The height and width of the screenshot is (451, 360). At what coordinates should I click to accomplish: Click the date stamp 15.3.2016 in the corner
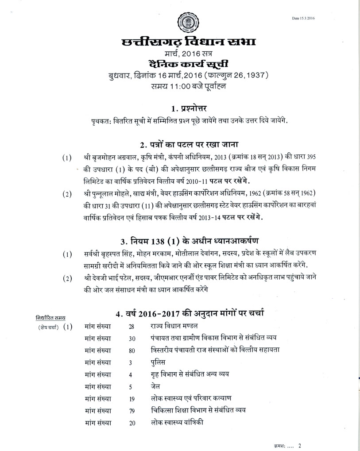click(306, 18)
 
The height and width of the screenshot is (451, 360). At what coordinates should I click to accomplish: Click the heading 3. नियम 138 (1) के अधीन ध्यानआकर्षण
click(190, 241)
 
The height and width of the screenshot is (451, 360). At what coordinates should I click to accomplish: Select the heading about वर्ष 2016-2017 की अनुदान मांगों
click(190, 314)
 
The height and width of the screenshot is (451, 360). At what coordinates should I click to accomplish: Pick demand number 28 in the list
click(132, 327)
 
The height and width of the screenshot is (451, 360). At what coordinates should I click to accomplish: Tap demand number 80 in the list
click(132, 350)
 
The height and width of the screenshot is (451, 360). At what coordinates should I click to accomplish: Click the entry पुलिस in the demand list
click(159, 362)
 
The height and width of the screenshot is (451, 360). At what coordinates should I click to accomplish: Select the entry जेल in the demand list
click(156, 386)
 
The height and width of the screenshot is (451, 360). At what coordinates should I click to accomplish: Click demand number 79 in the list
click(132, 410)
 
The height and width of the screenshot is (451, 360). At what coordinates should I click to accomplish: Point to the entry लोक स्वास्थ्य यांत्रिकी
click(177, 422)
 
